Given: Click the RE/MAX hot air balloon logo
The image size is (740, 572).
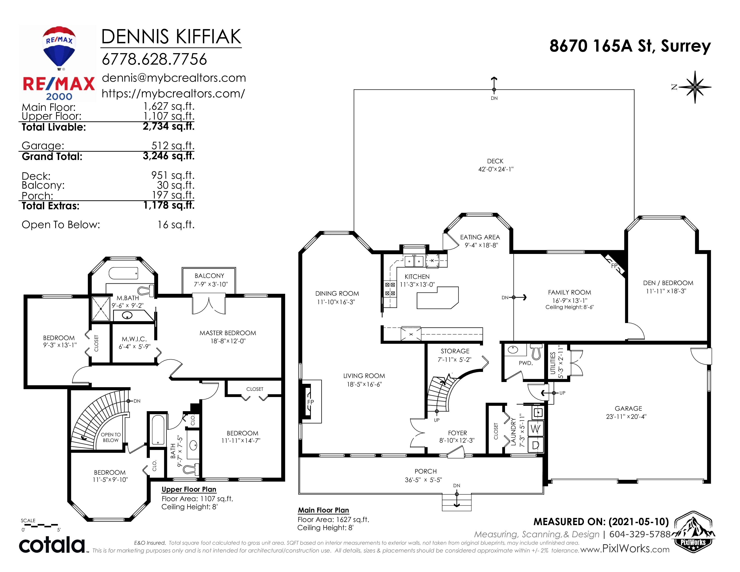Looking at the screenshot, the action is pos(59,47).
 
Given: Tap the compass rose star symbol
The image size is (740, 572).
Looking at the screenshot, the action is pos(695,87).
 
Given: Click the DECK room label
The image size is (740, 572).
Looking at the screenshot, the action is pos(495,161).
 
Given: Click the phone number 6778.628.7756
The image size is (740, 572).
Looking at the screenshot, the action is pos(154,59).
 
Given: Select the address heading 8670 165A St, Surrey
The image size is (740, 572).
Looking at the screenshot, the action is pos(630,46).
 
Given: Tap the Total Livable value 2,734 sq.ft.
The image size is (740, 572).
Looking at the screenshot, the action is pos(169,126).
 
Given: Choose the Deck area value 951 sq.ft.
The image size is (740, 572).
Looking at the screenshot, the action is pos(173,176).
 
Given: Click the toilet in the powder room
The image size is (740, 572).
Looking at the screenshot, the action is pos(536,352).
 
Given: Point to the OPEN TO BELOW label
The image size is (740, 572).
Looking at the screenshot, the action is pos(111,437).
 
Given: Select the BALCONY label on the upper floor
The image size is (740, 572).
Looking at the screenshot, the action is pos(209,276).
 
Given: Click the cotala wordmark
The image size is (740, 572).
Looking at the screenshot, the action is pos(52,545).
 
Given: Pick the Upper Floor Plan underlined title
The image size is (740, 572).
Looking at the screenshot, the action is pos(189,490).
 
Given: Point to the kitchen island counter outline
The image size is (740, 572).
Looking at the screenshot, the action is pos(438,298).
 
